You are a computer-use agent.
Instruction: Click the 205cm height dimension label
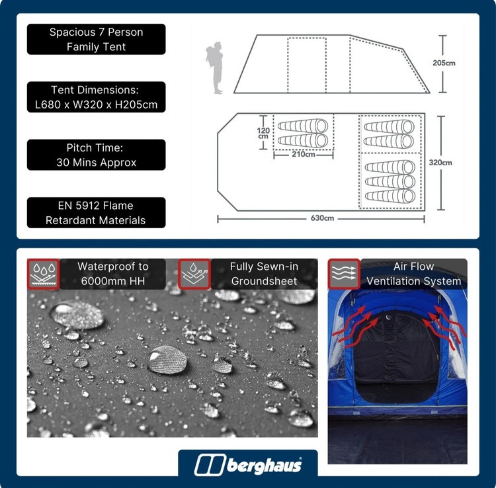coord(444,63)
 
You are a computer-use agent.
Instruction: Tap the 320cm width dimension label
coord(440,163)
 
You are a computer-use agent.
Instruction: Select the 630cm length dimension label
coord(322,218)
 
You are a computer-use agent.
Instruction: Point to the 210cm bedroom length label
coord(304,154)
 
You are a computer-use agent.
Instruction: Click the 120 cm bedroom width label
coord(263,133)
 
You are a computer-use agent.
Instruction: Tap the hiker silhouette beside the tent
coord(215,67)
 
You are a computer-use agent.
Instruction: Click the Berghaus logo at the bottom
coord(248,465)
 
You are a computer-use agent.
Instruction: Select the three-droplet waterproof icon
coord(44,274)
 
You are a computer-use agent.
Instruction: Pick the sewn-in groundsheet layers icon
coord(194,274)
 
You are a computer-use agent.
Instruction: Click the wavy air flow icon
coord(344,274)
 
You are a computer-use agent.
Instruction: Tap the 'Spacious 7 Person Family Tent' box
coord(96,39)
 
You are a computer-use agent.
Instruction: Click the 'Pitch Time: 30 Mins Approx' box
coord(96,155)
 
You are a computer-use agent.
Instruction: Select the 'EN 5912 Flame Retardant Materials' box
coord(96,213)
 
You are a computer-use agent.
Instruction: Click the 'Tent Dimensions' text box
coord(96,97)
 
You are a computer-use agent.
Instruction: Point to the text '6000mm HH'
coord(113,281)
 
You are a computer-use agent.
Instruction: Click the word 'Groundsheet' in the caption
coord(264,281)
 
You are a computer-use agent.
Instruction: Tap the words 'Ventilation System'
coord(414,281)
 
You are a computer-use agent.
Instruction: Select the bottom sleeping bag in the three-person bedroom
coord(390,196)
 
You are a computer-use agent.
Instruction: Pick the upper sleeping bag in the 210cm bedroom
coord(303,126)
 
